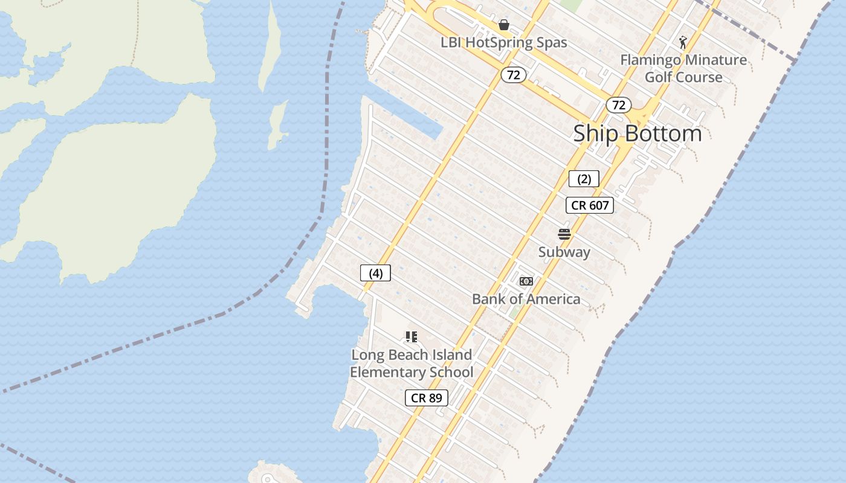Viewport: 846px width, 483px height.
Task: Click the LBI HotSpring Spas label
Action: point(503,42)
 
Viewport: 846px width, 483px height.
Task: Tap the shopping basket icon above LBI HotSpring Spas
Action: point(503,25)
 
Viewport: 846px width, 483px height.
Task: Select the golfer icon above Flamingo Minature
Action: point(683,42)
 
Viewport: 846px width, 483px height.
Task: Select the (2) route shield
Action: point(584,179)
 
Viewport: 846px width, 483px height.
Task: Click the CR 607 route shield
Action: point(590,205)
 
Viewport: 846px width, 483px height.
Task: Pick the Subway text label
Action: point(564,252)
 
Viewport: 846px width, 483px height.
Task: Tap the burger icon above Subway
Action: point(564,234)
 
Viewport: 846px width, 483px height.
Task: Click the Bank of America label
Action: point(526,299)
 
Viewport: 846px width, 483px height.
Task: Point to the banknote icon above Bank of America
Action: point(526,281)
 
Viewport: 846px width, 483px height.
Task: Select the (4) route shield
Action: point(375,273)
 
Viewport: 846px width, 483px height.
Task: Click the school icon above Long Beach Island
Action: point(412,337)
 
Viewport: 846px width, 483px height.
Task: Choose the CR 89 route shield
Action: point(427,398)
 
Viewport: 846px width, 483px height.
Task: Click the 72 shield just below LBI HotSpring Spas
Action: point(514,75)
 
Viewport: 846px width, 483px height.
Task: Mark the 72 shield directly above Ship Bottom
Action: point(618,105)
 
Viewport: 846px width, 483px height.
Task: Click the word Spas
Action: point(551,42)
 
